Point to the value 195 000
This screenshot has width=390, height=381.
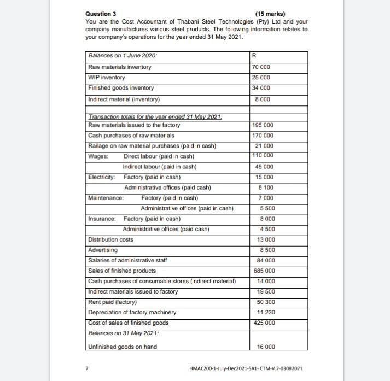coord(265,125)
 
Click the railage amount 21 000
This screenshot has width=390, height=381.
coord(265,146)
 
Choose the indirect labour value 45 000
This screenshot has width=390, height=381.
coord(265,167)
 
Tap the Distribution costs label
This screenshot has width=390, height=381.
coord(111,239)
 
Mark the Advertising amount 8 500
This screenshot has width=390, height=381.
coord(266,250)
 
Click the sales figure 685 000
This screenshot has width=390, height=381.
coord(265,271)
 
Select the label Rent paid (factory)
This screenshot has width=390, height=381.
coord(113,302)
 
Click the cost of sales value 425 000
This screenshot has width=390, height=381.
coord(265,323)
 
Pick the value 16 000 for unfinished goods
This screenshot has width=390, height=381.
coord(265,347)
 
